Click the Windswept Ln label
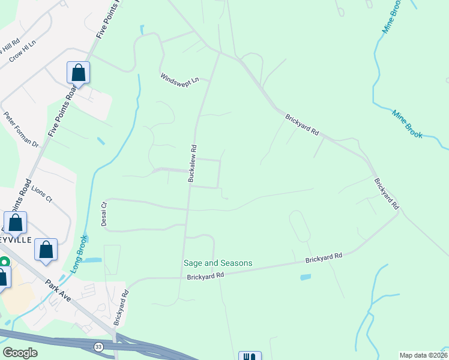coord(179,78)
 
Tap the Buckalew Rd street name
coord(193,163)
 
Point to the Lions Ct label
coord(42,193)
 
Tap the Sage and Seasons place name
coord(218,263)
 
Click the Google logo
coord(19,353)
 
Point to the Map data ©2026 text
coord(423,355)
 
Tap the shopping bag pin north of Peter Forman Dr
coord(79,73)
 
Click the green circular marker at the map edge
coord(4,262)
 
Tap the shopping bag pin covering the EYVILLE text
coord(15,223)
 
